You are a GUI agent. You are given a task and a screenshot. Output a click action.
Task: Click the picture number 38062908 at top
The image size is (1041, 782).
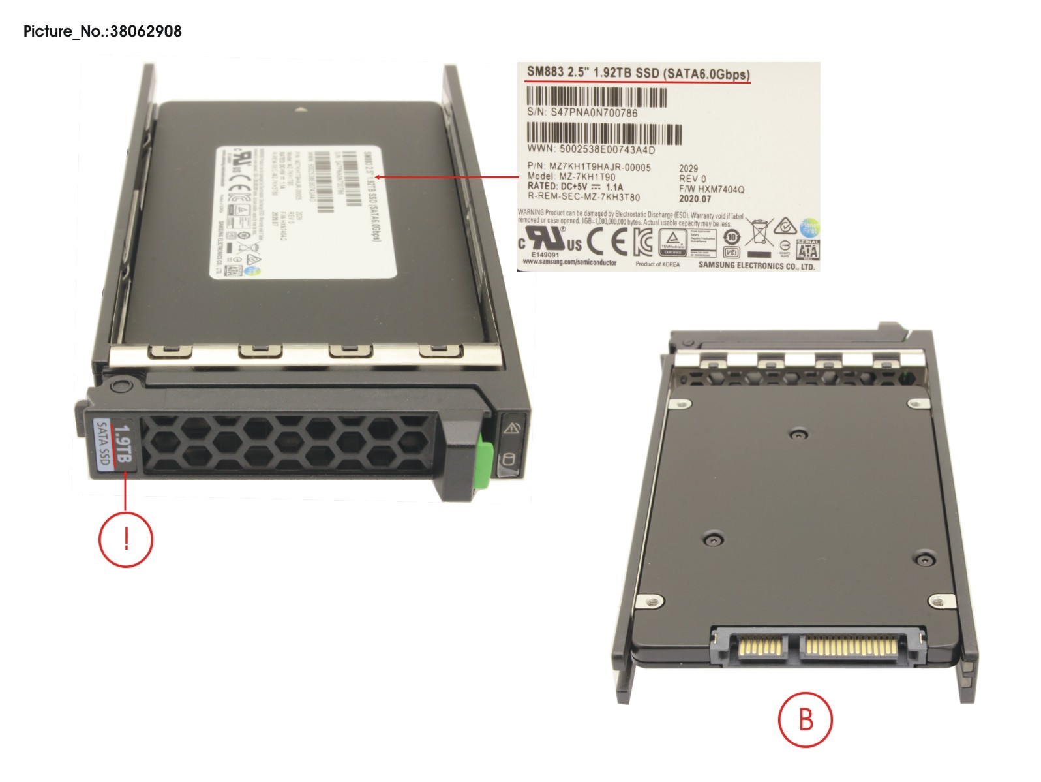[x=145, y=31]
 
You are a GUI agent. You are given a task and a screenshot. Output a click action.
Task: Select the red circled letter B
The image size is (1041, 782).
[x=806, y=719]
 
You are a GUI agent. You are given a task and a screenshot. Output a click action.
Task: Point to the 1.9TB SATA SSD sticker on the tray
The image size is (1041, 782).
[x=113, y=444]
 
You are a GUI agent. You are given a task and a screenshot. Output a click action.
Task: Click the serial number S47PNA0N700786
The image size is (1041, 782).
[x=594, y=113]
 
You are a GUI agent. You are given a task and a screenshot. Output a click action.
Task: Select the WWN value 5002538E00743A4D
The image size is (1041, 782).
[x=607, y=149]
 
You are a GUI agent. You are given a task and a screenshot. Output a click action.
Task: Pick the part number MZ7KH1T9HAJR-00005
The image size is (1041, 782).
[x=599, y=167]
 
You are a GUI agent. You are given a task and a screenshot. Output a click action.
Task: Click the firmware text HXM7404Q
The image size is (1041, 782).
[x=721, y=189]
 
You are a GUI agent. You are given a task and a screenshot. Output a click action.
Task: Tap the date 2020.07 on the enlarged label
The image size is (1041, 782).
[x=695, y=199]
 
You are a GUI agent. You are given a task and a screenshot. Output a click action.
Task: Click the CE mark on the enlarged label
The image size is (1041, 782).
[x=607, y=242]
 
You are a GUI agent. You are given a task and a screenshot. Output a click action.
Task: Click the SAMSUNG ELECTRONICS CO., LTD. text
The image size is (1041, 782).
[x=756, y=266]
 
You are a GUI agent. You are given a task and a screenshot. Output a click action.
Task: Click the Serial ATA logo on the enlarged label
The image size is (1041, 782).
[x=807, y=249]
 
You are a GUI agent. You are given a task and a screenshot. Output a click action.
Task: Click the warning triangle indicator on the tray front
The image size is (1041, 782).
[x=511, y=428]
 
